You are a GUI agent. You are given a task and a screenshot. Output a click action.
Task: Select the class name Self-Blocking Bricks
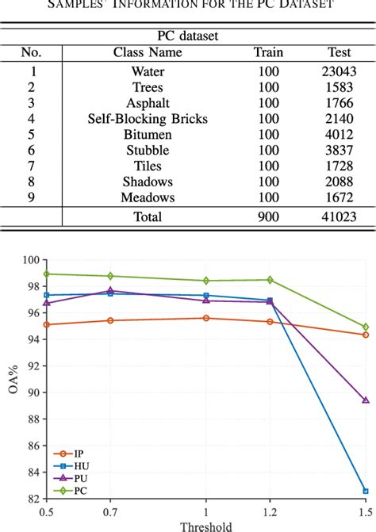point(148,119)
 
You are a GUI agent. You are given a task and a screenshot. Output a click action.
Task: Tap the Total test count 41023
point(339,216)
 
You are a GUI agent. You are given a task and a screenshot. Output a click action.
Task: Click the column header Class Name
point(148,52)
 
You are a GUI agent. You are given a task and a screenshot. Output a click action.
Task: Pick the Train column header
point(268,52)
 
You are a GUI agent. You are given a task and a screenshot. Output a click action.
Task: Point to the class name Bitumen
point(148,135)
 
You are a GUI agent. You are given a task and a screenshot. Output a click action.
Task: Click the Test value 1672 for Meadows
point(339,197)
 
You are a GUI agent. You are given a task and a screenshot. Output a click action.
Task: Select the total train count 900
point(268,216)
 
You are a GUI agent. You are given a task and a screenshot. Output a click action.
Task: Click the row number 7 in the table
point(32,166)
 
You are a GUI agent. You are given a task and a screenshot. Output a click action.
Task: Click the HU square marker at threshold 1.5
point(365,491)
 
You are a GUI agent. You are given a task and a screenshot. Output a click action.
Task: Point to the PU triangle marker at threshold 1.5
point(365,400)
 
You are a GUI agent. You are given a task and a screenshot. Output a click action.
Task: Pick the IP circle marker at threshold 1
point(206,318)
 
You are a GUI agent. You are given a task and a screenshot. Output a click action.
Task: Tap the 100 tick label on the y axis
point(31,260)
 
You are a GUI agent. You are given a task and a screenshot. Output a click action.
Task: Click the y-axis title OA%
point(10,379)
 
